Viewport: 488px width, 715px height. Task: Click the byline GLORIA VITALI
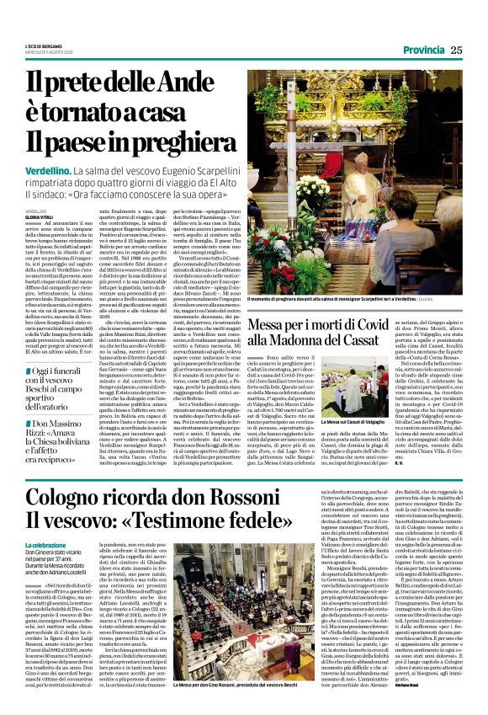pyautogui.click(x=40, y=216)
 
